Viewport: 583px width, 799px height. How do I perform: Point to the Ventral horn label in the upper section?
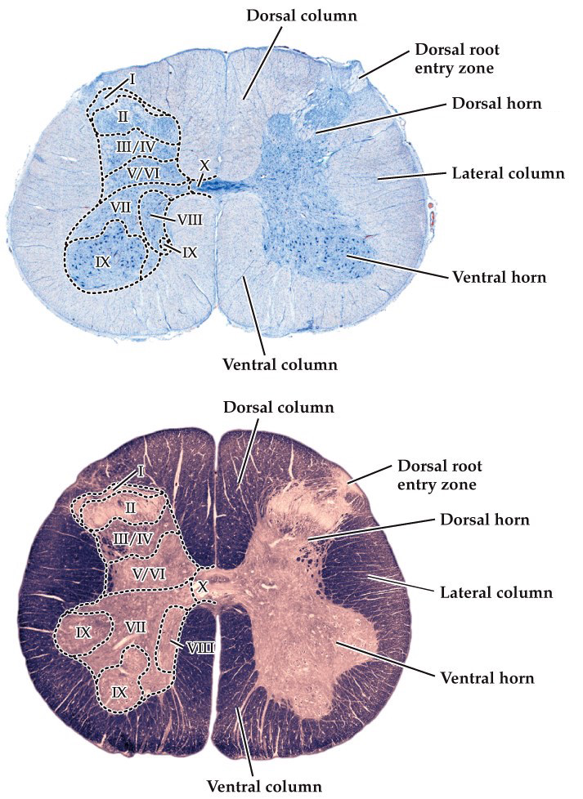499,277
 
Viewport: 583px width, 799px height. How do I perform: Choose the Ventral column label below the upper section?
280,364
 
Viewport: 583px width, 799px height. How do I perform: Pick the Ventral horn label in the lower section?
487,678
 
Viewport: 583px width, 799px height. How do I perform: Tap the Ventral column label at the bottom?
264,787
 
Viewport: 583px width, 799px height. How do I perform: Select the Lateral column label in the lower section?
496,591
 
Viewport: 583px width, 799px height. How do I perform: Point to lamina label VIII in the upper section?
189,219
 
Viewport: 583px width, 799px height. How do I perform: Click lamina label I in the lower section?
141,471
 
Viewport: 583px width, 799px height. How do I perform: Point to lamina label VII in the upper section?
120,207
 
